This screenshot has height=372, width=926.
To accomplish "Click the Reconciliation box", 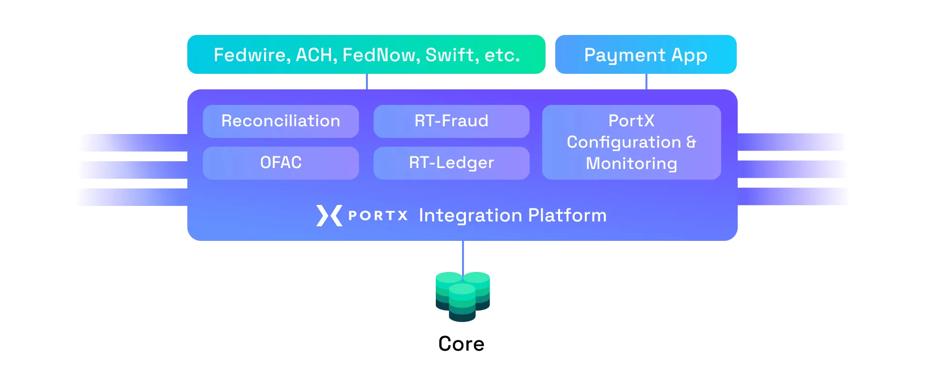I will (281, 121).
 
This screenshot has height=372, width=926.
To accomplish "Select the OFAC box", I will (281, 163).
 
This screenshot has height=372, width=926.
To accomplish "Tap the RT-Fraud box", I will (451, 121).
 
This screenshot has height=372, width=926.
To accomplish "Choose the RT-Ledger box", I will (451, 163).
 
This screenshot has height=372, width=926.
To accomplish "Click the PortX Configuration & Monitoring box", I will (631, 142).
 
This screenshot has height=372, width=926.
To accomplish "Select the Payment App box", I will (645, 54).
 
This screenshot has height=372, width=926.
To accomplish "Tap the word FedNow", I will (379, 55).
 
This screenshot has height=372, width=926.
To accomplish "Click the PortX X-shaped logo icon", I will (329, 216).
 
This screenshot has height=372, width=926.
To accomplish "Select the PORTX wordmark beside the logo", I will (378, 216).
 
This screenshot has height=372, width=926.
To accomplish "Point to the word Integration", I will (469, 216).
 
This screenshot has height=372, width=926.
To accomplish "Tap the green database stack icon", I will (463, 296).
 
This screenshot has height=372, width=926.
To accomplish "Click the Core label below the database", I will (461, 344).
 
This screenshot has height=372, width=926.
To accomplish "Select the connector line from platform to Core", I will (463, 256).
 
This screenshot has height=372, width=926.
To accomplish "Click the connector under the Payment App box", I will (646, 82).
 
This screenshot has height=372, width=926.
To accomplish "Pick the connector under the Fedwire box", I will (367, 82).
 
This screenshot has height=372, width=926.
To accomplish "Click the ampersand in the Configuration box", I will (691, 142).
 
